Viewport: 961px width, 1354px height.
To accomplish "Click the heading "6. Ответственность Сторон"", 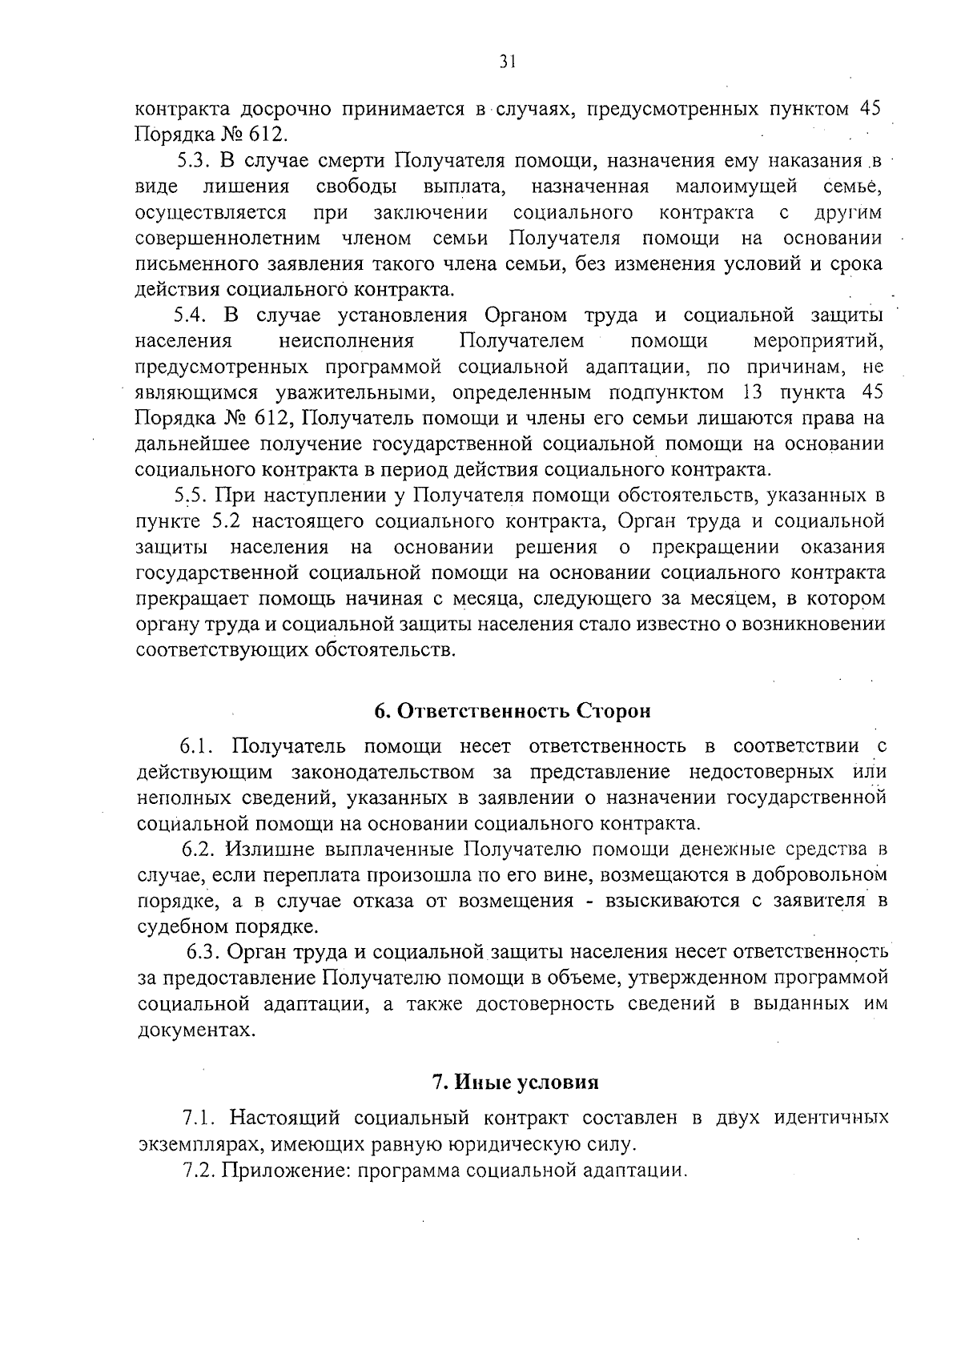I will tap(513, 711).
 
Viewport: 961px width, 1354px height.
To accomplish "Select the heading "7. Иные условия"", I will tap(516, 1083).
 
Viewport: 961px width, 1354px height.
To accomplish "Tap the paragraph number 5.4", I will tap(192, 315).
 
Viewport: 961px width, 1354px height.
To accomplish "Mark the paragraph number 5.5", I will tap(193, 496).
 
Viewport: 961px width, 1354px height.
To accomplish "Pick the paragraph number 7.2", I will tap(199, 1170).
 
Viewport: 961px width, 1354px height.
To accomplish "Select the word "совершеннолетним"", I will tap(227, 239).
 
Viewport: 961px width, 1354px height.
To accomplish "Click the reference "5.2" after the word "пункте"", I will tap(227, 522).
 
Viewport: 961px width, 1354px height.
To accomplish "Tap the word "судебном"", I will tap(182, 927).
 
